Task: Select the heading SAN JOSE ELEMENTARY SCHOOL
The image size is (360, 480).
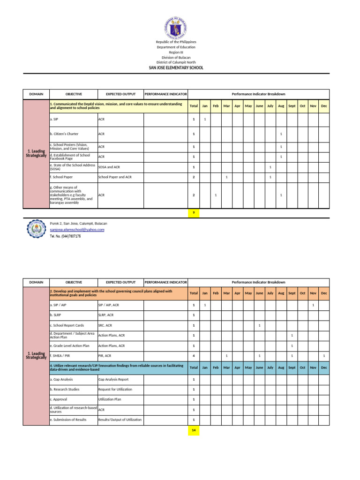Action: click(x=176, y=68)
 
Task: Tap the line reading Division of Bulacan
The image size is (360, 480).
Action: click(x=176, y=57)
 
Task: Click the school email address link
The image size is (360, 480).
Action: click(x=77, y=230)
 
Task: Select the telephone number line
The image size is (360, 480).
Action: click(x=65, y=236)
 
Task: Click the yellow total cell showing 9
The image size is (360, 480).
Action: click(x=193, y=213)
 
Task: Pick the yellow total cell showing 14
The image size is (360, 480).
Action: click(x=193, y=429)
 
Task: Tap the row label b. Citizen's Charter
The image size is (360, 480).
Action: click(x=64, y=134)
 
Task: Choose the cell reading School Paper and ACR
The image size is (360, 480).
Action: click(x=115, y=177)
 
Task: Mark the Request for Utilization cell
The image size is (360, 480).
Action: click(x=115, y=389)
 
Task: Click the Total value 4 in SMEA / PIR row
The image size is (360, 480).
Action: click(x=193, y=356)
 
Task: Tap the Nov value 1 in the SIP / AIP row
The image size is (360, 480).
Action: click(x=313, y=305)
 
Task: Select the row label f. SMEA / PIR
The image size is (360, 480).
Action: click(x=61, y=356)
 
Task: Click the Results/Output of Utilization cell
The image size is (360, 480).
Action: click(x=120, y=420)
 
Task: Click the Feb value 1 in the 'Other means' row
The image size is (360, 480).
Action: click(x=216, y=195)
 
